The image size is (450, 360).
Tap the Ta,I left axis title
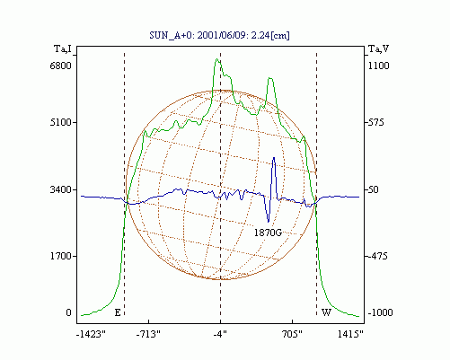pyautogui.click(x=63, y=48)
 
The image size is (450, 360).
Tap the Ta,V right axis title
pyautogui.click(x=378, y=48)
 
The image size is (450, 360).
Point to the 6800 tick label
pyautogui.click(x=61, y=66)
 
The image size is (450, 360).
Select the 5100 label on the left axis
pyautogui.click(x=61, y=122)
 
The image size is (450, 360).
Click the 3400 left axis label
pyautogui.click(x=61, y=189)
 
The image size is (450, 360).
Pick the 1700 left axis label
pyautogui.click(x=61, y=256)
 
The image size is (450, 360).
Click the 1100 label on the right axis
pyautogui.click(x=378, y=66)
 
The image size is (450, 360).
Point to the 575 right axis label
pyautogui.click(x=375, y=122)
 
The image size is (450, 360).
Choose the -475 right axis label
pyautogui.click(x=377, y=256)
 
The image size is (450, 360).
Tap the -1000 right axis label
pyautogui.click(x=380, y=312)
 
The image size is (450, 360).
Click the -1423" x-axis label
pyautogui.click(x=91, y=334)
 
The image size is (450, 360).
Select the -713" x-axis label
pyautogui.click(x=148, y=334)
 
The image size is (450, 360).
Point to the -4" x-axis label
pyautogui.click(x=220, y=334)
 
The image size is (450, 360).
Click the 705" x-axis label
pyautogui.click(x=292, y=334)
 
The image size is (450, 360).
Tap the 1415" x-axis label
pyautogui.click(x=350, y=334)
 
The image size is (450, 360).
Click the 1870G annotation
pyautogui.click(x=268, y=233)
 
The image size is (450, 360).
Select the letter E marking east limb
pyautogui.click(x=118, y=312)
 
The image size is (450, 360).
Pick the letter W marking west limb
pyautogui.click(x=326, y=312)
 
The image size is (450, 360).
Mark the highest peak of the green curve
pyautogui.click(x=216, y=59)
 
